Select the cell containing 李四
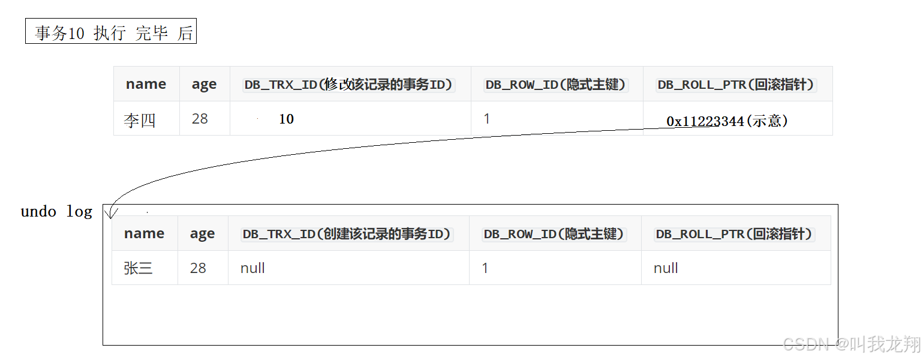(140, 120)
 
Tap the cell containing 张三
(139, 268)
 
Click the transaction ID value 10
(286, 119)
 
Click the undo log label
(56, 212)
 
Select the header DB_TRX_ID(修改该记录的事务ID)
(349, 85)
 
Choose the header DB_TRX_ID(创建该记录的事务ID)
(347, 234)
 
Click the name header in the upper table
(146, 84)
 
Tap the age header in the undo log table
(202, 234)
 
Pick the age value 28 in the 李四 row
(200, 119)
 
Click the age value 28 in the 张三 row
(198, 268)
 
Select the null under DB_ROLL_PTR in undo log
(666, 268)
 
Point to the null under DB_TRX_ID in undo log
(252, 268)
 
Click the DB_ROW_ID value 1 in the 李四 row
(487, 119)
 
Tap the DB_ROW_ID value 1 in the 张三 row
(485, 268)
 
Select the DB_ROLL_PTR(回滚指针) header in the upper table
(737, 85)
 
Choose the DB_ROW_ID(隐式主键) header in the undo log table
(555, 234)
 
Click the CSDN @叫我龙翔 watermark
(852, 344)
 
